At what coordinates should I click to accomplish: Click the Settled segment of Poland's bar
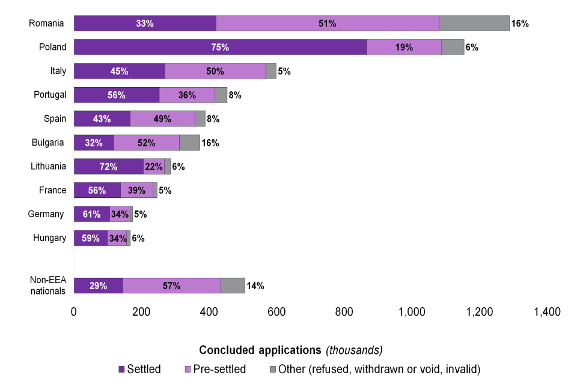pyautogui.click(x=220, y=47)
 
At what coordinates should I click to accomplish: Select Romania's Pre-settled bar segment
pyautogui.click(x=328, y=23)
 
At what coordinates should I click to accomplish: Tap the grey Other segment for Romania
pyautogui.click(x=474, y=23)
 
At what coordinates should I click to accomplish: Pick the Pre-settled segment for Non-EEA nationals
pyautogui.click(x=172, y=286)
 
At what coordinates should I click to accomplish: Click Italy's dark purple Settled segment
pyautogui.click(x=120, y=71)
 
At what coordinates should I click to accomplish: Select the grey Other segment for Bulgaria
pyautogui.click(x=189, y=143)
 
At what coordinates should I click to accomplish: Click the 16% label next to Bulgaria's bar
pyautogui.click(x=210, y=143)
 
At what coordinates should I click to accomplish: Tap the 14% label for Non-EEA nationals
pyautogui.click(x=255, y=286)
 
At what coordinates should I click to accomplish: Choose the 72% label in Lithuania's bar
pyautogui.click(x=108, y=167)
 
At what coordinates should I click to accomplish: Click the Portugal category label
pyautogui.click(x=49, y=95)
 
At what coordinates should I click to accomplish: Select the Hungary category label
pyautogui.click(x=49, y=238)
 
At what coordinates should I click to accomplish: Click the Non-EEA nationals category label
pyautogui.click(x=48, y=286)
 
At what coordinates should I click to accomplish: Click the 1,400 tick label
pyautogui.click(x=547, y=312)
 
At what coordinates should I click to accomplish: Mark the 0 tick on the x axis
pyautogui.click(x=74, y=312)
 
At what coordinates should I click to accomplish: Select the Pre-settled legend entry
pyautogui.click(x=214, y=369)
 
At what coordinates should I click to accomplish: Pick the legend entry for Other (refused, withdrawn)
pyautogui.click(x=370, y=369)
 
